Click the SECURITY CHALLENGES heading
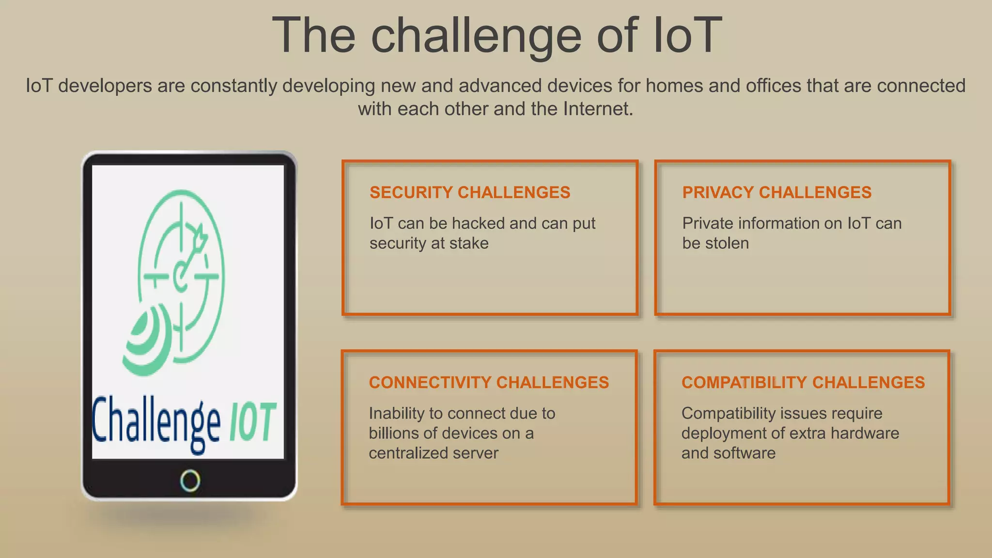pos(469,193)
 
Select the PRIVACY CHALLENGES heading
pos(776,193)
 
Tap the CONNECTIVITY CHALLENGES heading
pos(488,383)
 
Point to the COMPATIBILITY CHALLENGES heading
pos(803,383)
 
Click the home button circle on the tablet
pos(190,480)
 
